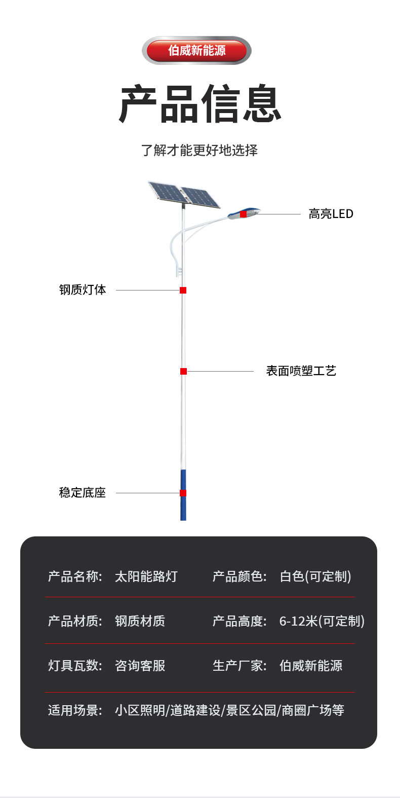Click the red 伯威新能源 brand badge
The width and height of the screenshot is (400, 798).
coord(196,51)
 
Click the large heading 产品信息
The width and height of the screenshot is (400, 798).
coord(200,104)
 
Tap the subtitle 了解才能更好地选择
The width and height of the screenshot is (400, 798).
coord(199,150)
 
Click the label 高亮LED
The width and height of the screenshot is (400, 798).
coord(331,214)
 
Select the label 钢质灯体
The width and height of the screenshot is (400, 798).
coord(83,290)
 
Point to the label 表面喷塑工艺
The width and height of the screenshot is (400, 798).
coord(301,371)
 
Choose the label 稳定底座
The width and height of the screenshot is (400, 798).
coord(83,493)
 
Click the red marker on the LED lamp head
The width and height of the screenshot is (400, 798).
coord(243,214)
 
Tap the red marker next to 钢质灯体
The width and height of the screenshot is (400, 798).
coord(183,290)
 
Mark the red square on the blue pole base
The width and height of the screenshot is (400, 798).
coord(183,493)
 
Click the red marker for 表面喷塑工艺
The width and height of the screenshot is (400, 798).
coord(183,371)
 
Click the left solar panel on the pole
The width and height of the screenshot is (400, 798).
coord(166,192)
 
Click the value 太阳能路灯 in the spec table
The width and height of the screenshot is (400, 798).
coord(146,576)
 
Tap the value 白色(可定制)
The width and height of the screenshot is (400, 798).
coord(315,576)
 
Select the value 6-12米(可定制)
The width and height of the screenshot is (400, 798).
coord(322,621)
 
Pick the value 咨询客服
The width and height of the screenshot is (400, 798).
coord(140,666)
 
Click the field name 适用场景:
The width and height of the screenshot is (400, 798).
coord(75,710)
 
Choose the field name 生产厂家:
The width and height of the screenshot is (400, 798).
coord(239,666)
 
